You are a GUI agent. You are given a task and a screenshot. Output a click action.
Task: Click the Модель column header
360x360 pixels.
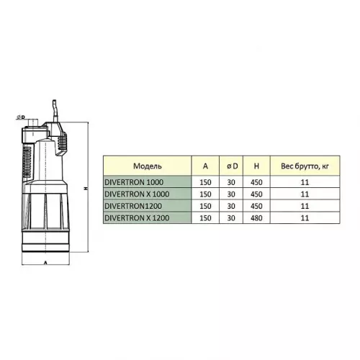148,166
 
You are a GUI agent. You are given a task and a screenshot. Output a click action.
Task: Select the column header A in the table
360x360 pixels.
205,166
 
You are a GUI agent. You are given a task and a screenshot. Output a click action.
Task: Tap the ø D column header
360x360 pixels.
232,166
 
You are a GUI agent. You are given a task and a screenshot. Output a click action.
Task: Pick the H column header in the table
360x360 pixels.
256,166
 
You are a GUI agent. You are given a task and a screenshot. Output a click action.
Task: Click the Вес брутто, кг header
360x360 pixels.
305,166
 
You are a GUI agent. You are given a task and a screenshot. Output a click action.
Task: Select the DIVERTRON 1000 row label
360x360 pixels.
134,182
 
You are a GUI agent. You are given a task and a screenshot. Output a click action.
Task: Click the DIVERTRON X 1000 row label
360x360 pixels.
137,194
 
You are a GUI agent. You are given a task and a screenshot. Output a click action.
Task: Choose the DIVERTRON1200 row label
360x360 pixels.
133,206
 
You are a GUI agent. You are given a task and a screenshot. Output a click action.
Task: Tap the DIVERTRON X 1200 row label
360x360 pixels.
137,218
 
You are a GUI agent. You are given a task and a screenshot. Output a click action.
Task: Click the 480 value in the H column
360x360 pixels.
256,218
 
